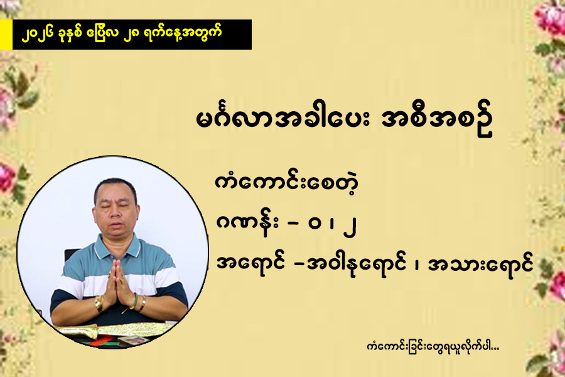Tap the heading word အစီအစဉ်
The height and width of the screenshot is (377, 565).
point(437,121)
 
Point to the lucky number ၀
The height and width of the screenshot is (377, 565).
point(315,224)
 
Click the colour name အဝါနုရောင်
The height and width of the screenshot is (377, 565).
point(356,265)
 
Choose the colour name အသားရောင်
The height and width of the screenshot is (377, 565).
point(480,265)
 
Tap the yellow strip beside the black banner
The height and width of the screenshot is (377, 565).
point(6,35)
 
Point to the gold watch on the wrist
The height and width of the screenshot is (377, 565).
point(99,303)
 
